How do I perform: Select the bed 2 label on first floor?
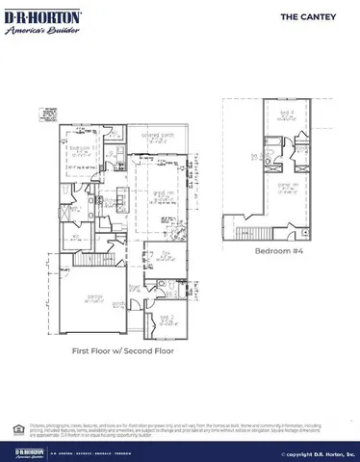(x=166, y=318)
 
